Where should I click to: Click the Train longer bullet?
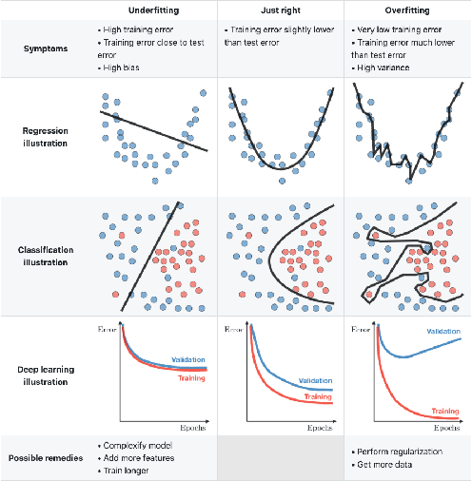coord(127,471)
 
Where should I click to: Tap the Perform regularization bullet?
coord(398,452)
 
